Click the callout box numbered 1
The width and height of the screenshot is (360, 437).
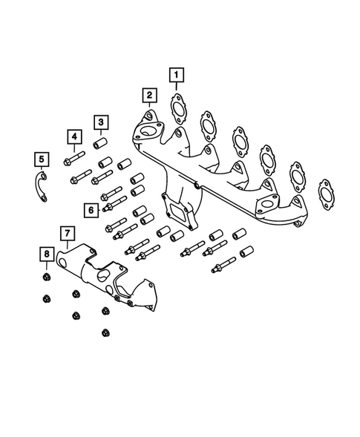click(176, 74)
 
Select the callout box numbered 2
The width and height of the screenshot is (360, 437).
click(149, 95)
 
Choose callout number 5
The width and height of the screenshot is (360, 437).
click(42, 158)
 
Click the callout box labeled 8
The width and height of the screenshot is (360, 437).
click(45, 254)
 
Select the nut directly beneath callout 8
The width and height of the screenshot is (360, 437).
click(45, 279)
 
